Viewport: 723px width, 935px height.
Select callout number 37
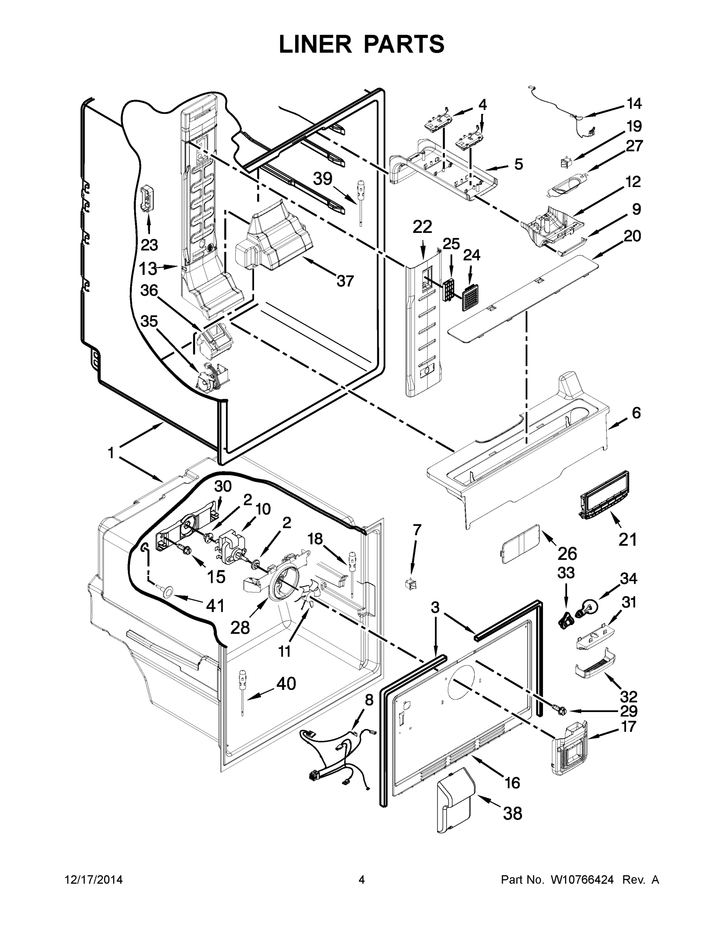pyautogui.click(x=345, y=281)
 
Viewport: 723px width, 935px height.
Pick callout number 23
pyautogui.click(x=149, y=245)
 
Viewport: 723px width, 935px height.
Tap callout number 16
pyautogui.click(x=512, y=783)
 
